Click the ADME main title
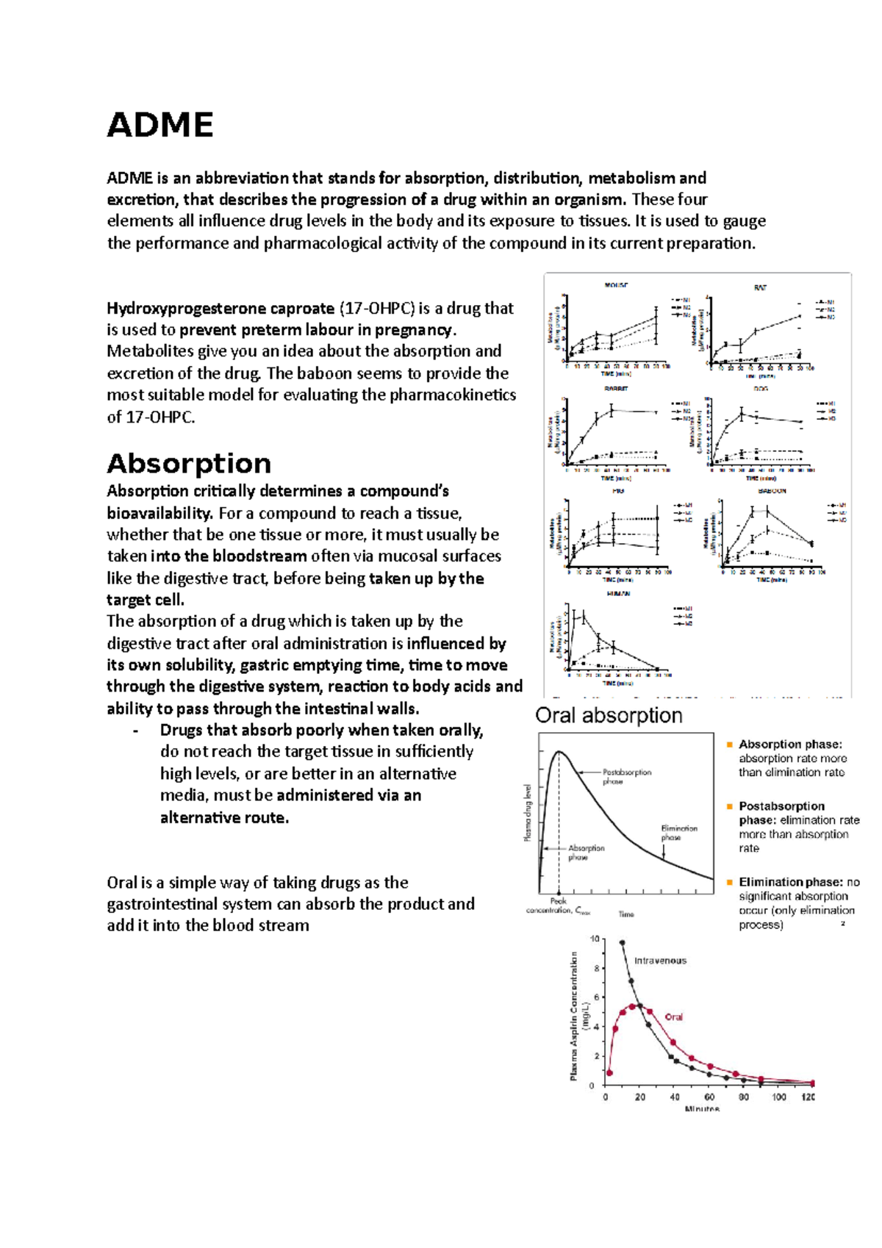pyautogui.click(x=160, y=125)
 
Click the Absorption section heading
pyautogui.click(x=189, y=464)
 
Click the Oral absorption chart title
pyautogui.click(x=609, y=715)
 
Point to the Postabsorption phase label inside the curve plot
pyautogui.click(x=626, y=776)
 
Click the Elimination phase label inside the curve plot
pyautogui.click(x=678, y=832)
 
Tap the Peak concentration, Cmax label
pyautogui.click(x=558, y=905)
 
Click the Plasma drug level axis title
pyautogui.click(x=527, y=812)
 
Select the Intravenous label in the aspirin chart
pyautogui.click(x=660, y=961)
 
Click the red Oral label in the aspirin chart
pyautogui.click(x=673, y=1017)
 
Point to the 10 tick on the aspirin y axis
pyautogui.click(x=595, y=939)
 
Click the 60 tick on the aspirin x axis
pyautogui.click(x=709, y=1097)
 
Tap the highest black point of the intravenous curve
pyautogui.click(x=623, y=942)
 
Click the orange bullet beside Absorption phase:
pyautogui.click(x=730, y=744)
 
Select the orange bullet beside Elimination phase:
pyautogui.click(x=730, y=881)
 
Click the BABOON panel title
pyautogui.click(x=772, y=490)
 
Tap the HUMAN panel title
pyautogui.click(x=618, y=593)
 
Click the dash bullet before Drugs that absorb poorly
pyautogui.click(x=136, y=731)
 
